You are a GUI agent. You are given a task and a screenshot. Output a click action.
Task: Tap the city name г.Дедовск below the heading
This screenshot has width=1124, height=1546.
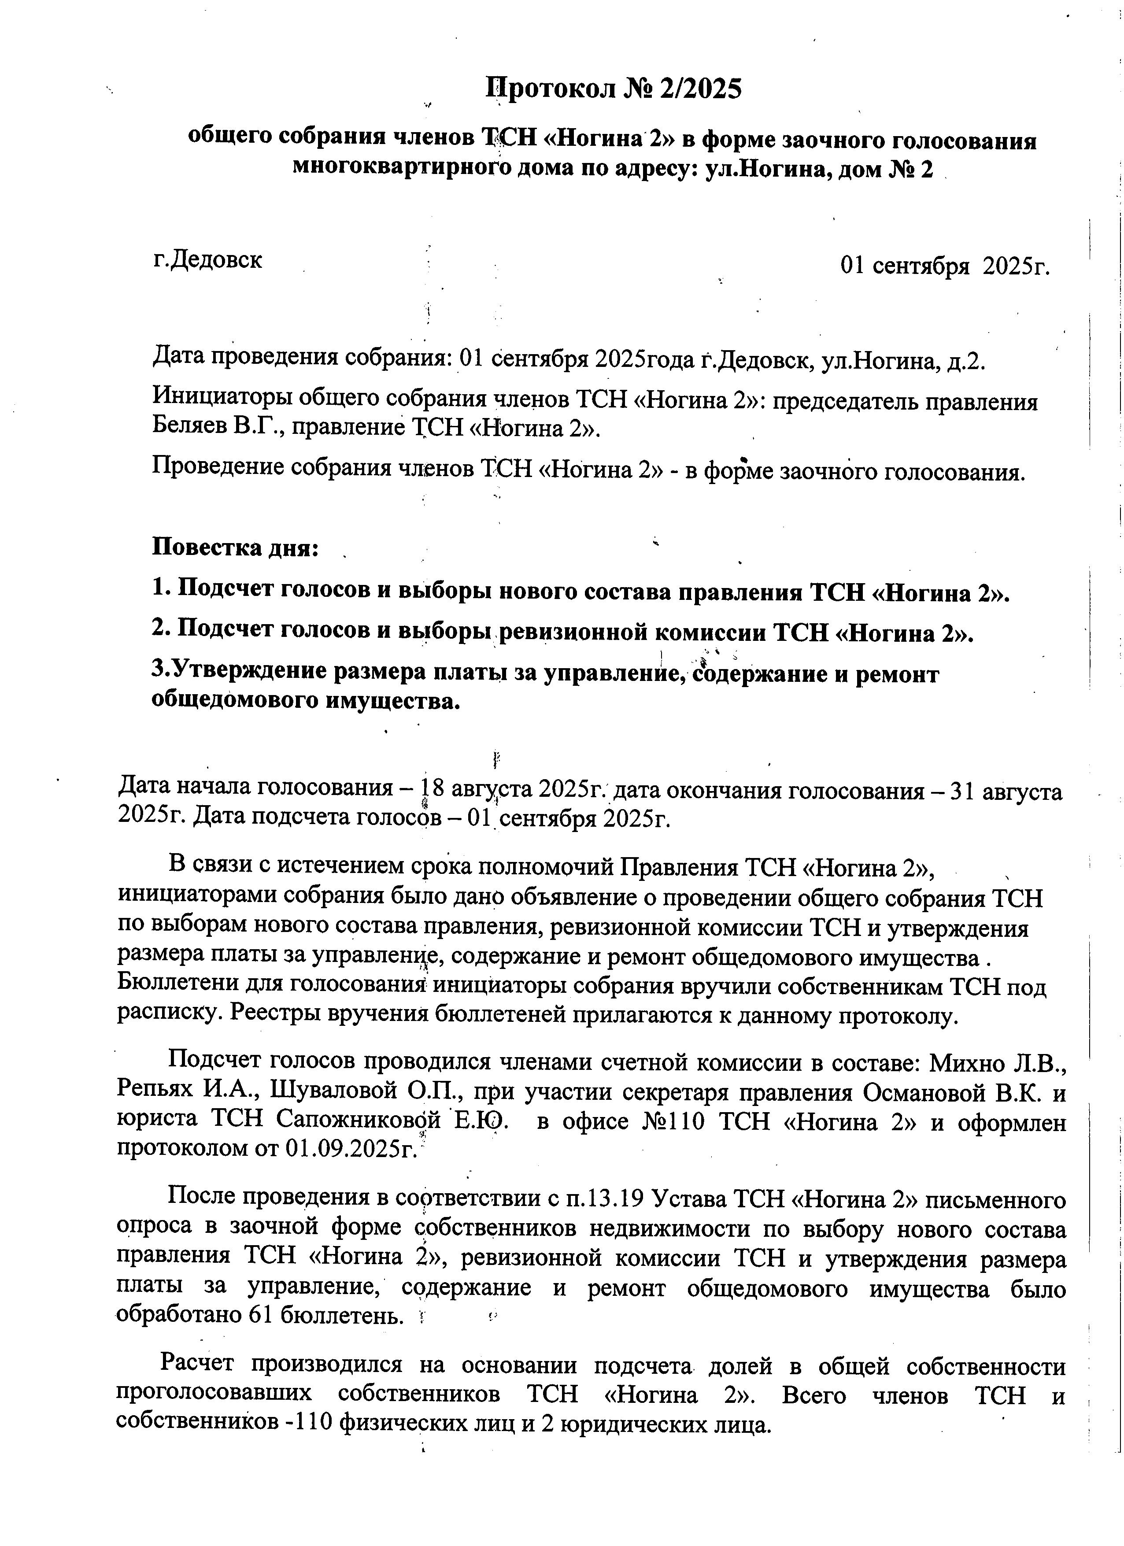(x=208, y=260)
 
